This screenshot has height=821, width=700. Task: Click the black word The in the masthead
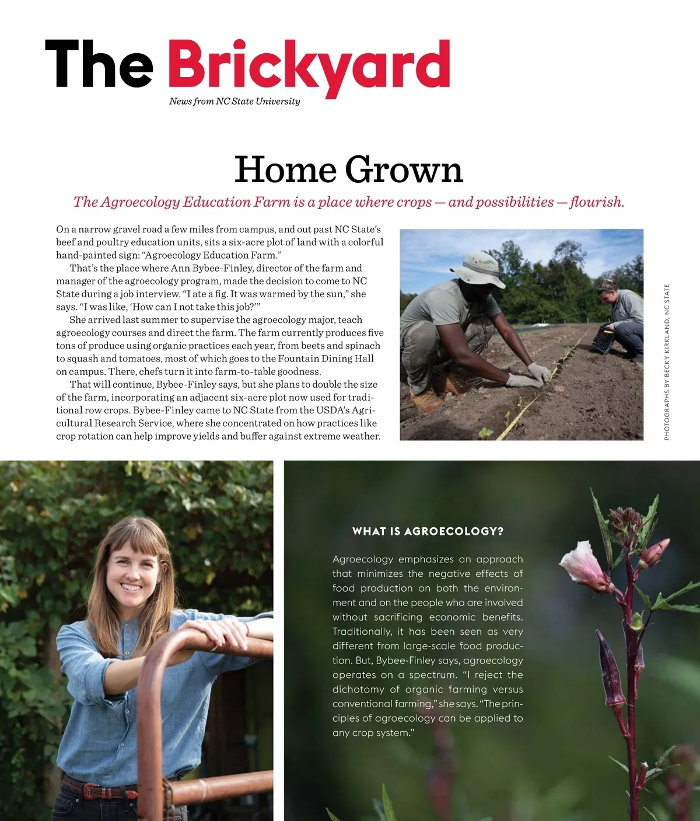tap(99, 64)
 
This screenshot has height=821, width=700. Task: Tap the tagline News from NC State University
tap(235, 101)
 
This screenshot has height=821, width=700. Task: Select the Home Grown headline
tap(348, 169)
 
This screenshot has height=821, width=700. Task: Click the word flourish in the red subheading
tap(596, 202)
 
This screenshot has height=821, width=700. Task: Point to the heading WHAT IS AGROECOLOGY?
tap(428, 531)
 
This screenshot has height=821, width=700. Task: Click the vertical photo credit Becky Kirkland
tap(667, 362)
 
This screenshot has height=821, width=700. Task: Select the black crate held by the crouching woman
tap(604, 339)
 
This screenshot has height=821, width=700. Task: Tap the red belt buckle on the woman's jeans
tap(93, 791)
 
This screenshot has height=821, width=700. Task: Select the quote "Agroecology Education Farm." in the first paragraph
tap(212, 255)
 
